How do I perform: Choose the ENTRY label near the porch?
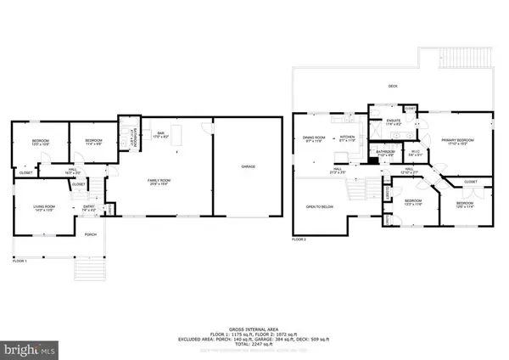click(x=88, y=206)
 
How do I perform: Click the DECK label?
click(x=393, y=86)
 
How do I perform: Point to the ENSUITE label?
click(x=393, y=122)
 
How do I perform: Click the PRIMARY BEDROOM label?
click(x=456, y=140)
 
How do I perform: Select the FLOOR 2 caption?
click(x=298, y=240)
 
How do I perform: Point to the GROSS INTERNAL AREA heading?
click(x=254, y=326)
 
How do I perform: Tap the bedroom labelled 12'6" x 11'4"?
click(x=465, y=205)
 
